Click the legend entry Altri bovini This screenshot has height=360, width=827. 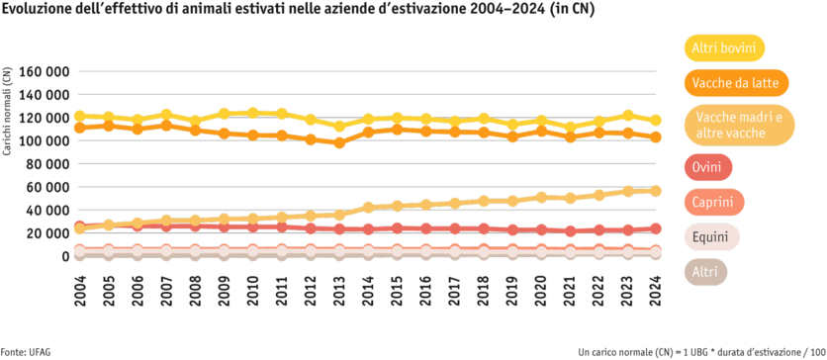[729, 47]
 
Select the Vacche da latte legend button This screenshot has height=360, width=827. [736, 83]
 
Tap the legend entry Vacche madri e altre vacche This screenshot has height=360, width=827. [739, 126]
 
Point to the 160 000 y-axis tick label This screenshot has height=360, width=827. [45, 72]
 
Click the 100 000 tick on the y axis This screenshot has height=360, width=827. [45, 141]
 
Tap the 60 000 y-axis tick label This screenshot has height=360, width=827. [47, 187]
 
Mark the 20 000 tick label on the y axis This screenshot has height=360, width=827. [47, 233]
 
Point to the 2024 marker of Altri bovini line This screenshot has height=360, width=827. [655, 120]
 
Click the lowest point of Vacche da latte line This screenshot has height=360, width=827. [340, 143]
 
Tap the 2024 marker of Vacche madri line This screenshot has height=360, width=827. [655, 190]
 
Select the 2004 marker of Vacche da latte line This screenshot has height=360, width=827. [79, 128]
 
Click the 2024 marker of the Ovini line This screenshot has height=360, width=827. [655, 228]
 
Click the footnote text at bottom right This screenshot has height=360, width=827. [701, 351]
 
